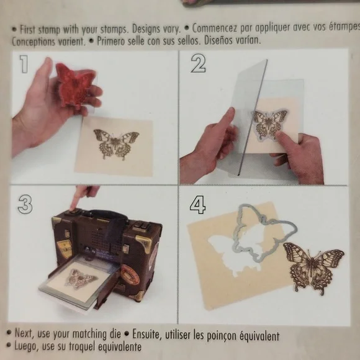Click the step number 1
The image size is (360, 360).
click(23, 63)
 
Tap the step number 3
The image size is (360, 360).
click(25, 204)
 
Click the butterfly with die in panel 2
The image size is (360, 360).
click(270, 124)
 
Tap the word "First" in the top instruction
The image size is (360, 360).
click(29, 29)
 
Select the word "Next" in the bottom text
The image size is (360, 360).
click(25, 335)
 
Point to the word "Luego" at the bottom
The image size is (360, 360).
click(26, 346)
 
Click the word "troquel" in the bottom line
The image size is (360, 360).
click(85, 346)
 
